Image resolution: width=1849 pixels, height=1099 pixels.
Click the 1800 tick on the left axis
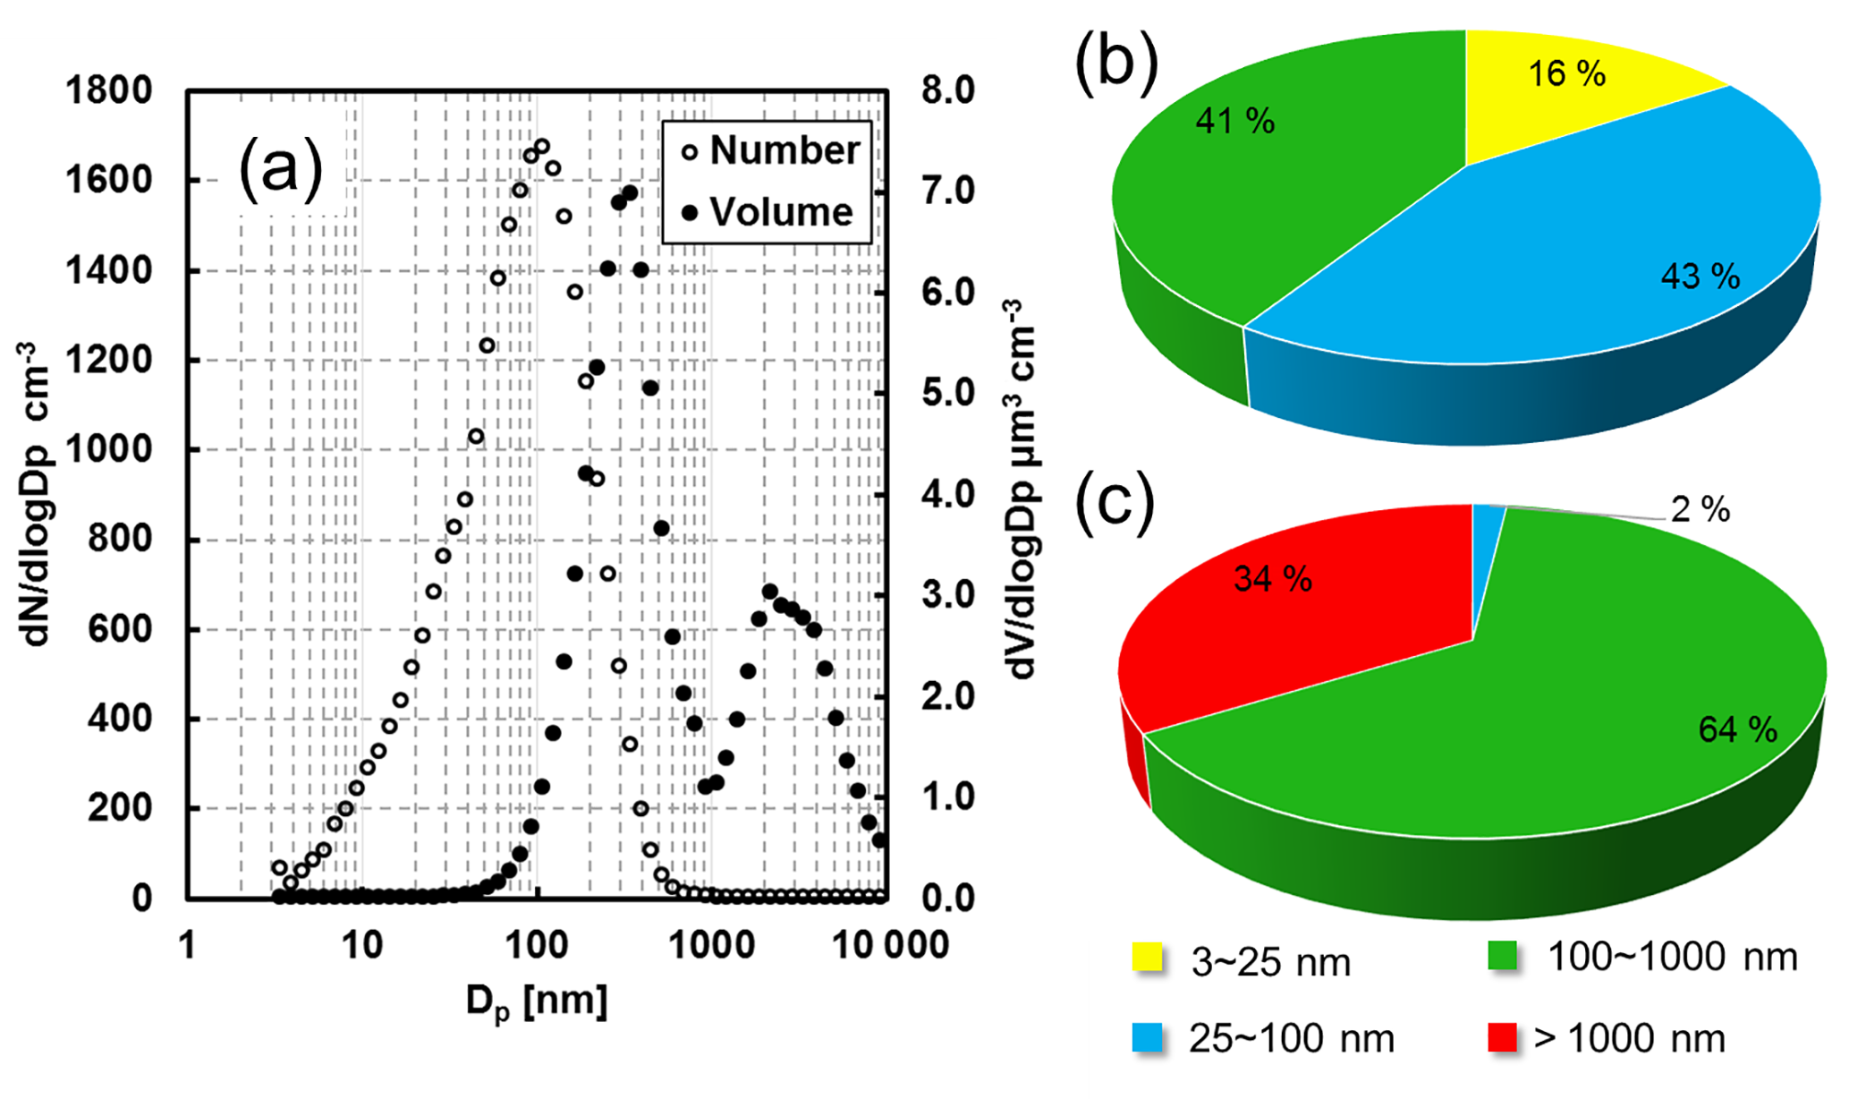tap(109, 90)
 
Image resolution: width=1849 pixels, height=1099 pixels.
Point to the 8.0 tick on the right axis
tap(948, 90)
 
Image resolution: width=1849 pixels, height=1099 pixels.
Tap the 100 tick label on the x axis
tap(537, 945)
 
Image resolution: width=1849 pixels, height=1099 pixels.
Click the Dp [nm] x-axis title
tap(537, 1001)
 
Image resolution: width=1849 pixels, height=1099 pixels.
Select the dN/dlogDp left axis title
tap(36, 494)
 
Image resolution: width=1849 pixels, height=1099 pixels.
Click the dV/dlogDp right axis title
tap(1020, 490)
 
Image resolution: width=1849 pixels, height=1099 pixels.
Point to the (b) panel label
tap(1116, 63)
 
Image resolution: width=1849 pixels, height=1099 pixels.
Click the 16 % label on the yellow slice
tap(1566, 73)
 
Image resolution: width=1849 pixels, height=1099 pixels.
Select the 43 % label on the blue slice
tap(1700, 277)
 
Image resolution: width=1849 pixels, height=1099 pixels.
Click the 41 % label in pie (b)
tap(1234, 121)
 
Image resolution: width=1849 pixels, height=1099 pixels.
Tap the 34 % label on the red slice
tap(1272, 579)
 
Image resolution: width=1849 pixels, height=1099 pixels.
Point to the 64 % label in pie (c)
tap(1737, 730)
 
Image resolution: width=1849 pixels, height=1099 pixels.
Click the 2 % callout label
tap(1700, 510)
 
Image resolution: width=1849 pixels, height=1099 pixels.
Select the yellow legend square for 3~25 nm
tap(1148, 957)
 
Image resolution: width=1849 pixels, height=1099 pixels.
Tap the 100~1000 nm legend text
tap(1672, 958)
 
